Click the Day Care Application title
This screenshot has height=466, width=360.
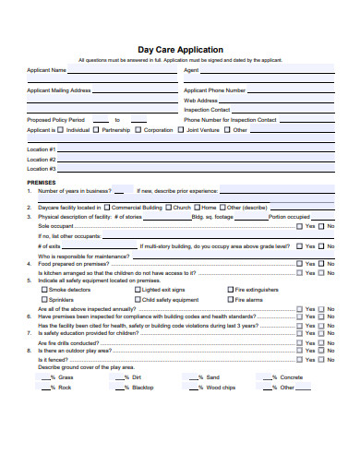click(x=179, y=49)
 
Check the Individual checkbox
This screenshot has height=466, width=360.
click(x=62, y=130)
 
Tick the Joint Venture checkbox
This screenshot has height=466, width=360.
click(x=181, y=130)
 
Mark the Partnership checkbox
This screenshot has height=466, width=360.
click(x=97, y=130)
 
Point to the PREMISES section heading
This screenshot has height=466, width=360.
click(x=42, y=183)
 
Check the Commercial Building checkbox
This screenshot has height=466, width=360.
click(x=107, y=208)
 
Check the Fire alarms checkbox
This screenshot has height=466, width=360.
click(x=229, y=300)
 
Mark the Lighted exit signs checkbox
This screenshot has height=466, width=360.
click(x=137, y=290)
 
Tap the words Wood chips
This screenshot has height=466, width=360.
click(x=222, y=388)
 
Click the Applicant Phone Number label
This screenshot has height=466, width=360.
click(x=214, y=90)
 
